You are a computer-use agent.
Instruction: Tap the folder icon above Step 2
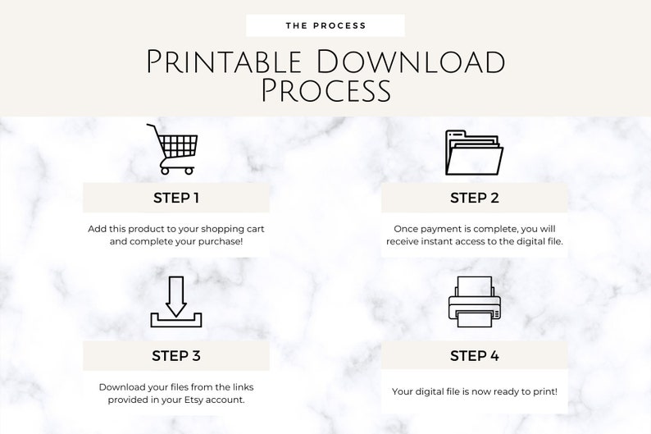[473, 152]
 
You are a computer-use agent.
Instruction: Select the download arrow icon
[175, 303]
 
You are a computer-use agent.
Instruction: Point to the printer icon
[474, 302]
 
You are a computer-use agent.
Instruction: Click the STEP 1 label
[176, 198]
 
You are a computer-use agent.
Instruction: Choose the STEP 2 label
[474, 198]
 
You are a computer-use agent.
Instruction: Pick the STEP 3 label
[176, 356]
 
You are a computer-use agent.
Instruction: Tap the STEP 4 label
[474, 356]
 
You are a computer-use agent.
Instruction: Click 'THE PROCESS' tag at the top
[325, 25]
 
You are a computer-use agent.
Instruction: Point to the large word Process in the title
[325, 90]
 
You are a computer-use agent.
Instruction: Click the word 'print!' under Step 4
[543, 391]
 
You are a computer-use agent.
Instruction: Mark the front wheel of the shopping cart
[189, 170]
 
